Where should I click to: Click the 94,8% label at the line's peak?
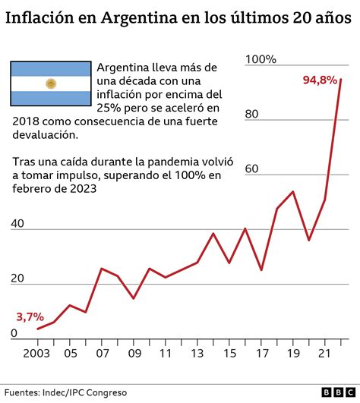pos(320,79)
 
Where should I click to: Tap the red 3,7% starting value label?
pos(30,316)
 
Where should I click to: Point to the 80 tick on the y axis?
pos(254,115)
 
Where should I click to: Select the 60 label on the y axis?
pos(254,169)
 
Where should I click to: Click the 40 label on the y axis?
pos(17,224)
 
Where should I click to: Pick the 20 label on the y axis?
pos(17,279)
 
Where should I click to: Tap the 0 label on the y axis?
pos(14,333)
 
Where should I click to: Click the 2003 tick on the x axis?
pos(36,353)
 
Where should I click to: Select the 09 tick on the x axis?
pos(134,353)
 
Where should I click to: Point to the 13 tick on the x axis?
pos(197,353)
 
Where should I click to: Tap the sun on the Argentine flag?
pos(51,83)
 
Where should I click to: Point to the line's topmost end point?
pos(341,79)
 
